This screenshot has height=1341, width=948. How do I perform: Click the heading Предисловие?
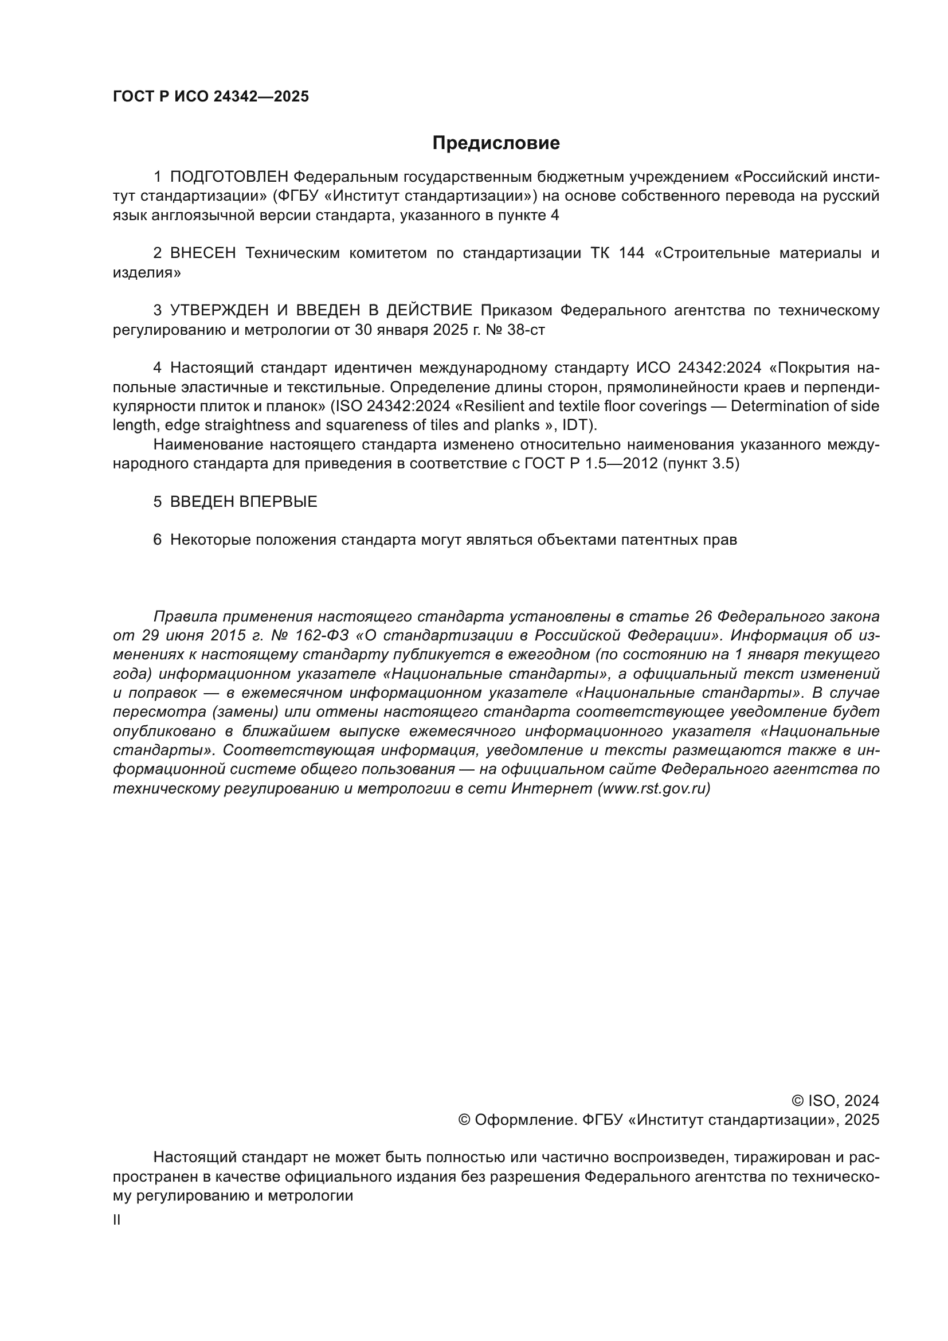496,143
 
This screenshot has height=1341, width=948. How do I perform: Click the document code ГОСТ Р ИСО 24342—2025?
211,97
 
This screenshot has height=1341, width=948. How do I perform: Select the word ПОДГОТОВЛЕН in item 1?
229,177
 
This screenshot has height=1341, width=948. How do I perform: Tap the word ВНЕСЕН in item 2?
203,253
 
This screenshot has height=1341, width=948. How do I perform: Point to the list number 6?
157,540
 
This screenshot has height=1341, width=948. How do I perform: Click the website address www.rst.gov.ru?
654,789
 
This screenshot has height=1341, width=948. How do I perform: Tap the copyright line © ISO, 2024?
835,1101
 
